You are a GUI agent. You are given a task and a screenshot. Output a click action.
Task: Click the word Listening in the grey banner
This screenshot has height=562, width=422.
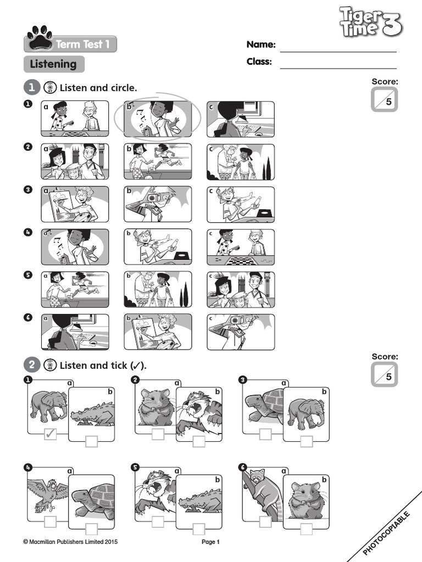53,64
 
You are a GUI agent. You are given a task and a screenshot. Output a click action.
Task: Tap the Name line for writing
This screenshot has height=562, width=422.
338,52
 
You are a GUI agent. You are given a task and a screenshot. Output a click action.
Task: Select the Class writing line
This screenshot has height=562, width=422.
338,68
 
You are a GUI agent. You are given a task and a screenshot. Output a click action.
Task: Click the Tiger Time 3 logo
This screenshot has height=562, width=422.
371,22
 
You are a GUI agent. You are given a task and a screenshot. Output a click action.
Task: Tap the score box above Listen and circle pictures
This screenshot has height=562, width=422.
384,99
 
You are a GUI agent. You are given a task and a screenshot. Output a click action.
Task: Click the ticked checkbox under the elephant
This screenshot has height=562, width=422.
50,434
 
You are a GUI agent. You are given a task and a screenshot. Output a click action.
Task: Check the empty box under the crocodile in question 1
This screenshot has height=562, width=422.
92,441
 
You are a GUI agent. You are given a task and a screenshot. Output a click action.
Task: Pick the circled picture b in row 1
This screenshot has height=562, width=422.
158,119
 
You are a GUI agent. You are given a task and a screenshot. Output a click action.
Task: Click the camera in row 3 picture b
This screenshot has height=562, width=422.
153,198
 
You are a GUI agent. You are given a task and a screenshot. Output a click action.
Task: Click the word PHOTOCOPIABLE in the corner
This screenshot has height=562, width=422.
386,533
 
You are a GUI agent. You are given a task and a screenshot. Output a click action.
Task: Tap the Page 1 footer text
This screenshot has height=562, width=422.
210,542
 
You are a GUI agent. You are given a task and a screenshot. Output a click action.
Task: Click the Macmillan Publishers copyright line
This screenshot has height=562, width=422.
70,542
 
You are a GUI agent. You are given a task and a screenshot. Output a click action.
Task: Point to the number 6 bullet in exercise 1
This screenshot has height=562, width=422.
28,318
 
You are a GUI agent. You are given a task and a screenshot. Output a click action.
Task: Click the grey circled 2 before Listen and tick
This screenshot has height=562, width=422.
31,365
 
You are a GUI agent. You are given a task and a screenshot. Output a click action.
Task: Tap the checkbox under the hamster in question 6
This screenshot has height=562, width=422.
307,529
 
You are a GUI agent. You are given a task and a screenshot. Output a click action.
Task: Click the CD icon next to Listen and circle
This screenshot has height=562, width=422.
50,87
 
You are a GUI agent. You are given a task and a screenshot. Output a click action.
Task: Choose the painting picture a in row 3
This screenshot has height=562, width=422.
75,204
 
